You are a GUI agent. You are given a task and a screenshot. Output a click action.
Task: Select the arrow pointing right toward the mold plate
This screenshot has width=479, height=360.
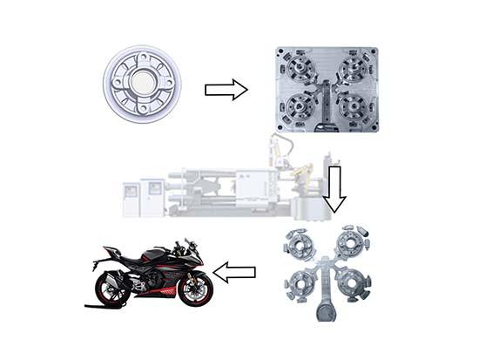click(226, 89)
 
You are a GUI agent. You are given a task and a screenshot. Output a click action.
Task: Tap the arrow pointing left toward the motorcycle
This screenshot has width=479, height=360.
click(234, 273)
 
